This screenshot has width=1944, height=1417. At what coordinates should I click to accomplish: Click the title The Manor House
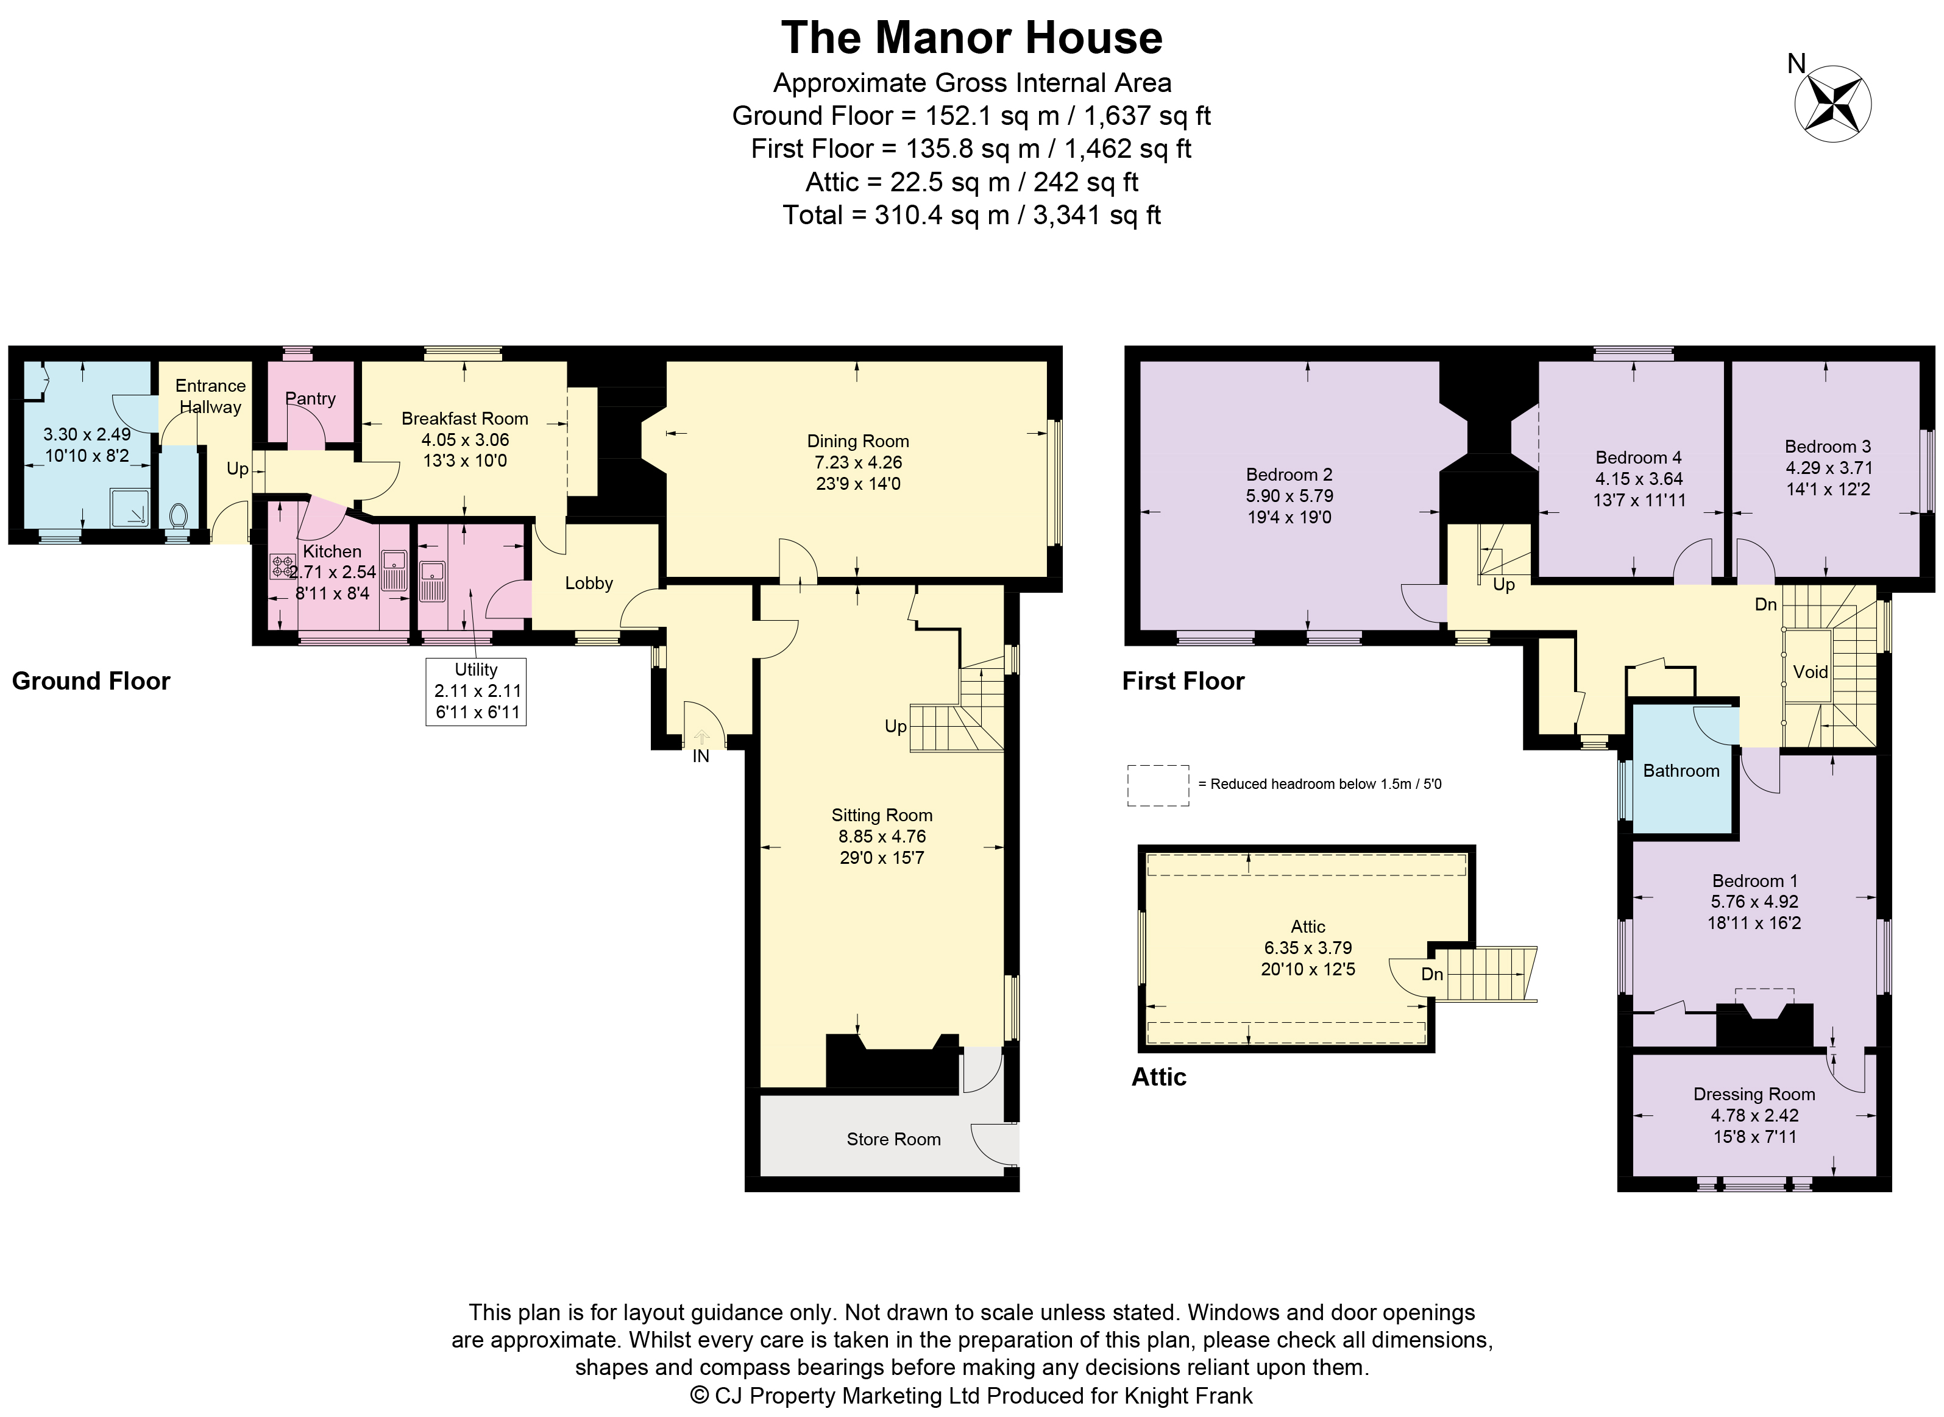(x=971, y=38)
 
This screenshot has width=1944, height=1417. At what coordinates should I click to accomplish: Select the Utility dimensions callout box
(x=476, y=691)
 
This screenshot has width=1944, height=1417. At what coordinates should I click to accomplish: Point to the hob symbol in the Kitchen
(x=282, y=565)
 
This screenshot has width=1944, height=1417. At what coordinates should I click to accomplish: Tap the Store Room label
(x=893, y=1139)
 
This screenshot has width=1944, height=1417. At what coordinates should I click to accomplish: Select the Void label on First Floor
(x=1810, y=671)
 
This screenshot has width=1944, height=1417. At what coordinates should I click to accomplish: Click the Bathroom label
(x=1681, y=770)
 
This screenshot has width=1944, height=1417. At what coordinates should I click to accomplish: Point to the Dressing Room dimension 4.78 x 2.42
(x=1753, y=1115)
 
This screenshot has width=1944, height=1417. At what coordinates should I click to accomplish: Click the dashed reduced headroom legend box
(x=1157, y=785)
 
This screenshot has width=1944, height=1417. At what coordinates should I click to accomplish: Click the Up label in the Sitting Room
(x=895, y=727)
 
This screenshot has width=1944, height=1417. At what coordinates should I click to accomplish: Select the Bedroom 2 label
(x=1288, y=475)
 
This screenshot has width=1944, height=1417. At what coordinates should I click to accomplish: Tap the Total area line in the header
(x=971, y=214)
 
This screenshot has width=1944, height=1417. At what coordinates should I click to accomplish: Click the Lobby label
(x=589, y=583)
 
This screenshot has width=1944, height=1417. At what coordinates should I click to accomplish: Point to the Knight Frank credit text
(x=971, y=1396)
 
